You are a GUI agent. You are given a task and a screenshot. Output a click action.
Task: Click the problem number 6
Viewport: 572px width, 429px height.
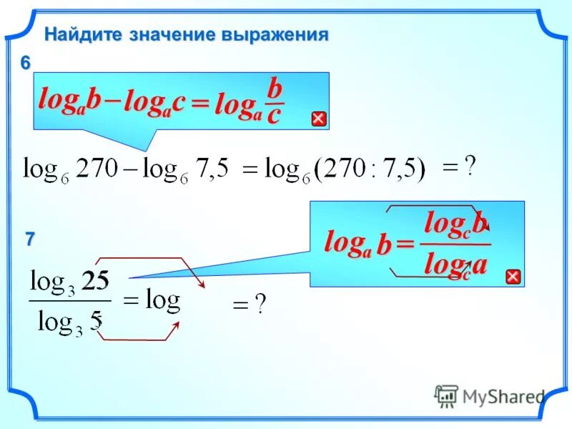(x=25, y=63)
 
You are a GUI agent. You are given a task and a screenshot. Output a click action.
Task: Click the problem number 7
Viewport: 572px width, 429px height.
(x=29, y=240)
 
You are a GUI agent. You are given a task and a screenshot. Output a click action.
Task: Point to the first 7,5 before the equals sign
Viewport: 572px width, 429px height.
(x=212, y=169)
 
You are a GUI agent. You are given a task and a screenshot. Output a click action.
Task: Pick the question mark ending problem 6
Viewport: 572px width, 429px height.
(x=470, y=166)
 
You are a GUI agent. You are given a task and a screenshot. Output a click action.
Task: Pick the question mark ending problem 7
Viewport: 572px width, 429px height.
(x=260, y=305)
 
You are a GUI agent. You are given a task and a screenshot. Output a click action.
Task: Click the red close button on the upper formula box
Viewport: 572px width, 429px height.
(x=319, y=119)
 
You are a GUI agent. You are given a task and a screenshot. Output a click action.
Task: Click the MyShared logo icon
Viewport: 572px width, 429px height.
(x=446, y=395)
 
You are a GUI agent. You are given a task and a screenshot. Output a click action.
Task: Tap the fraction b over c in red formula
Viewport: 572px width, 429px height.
(x=274, y=102)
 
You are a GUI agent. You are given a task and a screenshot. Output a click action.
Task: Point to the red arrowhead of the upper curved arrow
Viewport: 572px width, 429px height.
(x=201, y=285)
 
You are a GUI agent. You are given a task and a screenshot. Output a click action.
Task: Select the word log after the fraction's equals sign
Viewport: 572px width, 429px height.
(x=162, y=300)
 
